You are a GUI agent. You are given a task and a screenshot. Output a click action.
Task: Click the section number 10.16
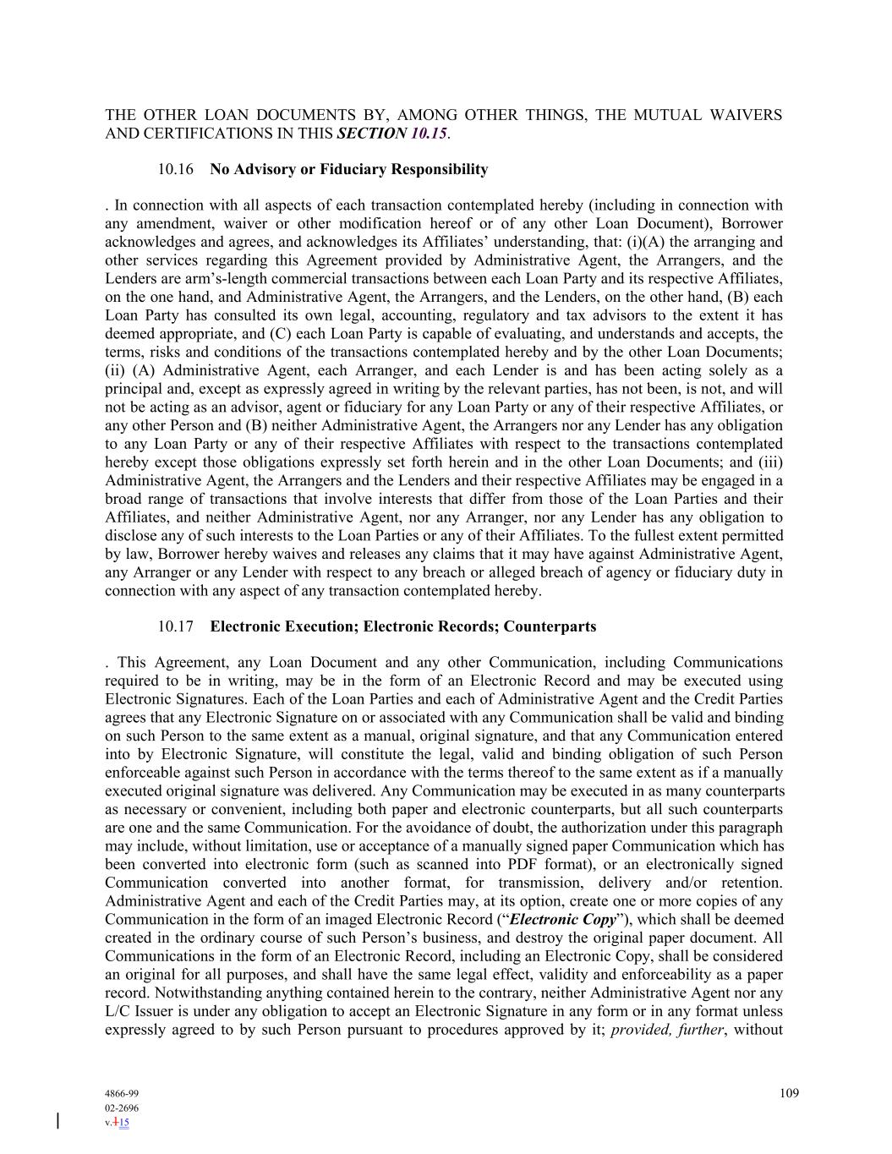(176, 170)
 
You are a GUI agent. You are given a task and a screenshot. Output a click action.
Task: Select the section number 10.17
(176, 627)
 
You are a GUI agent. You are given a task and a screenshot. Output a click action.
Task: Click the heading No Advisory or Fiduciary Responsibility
(348, 170)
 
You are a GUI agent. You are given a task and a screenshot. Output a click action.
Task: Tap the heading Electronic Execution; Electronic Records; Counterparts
(402, 627)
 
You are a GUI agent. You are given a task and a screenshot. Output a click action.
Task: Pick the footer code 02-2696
(122, 1108)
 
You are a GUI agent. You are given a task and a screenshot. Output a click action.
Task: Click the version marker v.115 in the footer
(117, 1123)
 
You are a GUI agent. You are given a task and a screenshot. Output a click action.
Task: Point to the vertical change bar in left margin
(58, 1121)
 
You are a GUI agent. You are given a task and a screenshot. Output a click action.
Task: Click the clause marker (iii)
(770, 462)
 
